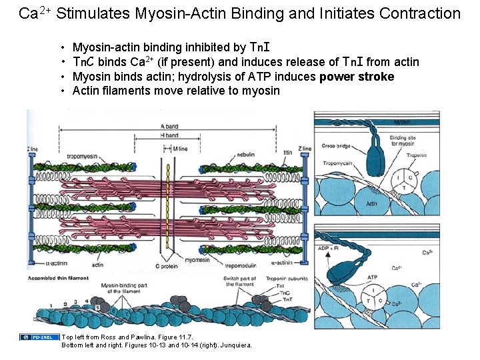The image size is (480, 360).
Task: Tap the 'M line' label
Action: pyautogui.click(x=181, y=149)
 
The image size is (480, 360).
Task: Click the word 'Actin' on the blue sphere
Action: pyautogui.click(x=371, y=203)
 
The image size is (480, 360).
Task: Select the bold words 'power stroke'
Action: pyautogui.click(x=357, y=77)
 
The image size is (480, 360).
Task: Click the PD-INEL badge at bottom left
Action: pyautogui.click(x=35, y=337)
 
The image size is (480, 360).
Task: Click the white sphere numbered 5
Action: pyautogui.click(x=99, y=308)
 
